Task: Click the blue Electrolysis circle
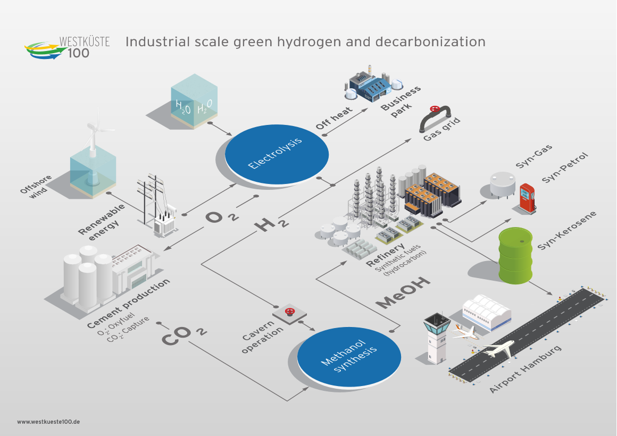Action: [x=277, y=154]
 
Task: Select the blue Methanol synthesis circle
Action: [x=349, y=357]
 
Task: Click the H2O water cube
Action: [x=194, y=101]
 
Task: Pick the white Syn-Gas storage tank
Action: [x=503, y=184]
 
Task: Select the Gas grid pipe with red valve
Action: [x=435, y=118]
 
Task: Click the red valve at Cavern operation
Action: [x=289, y=311]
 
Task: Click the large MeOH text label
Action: [x=403, y=292]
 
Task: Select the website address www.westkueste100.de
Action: [x=48, y=422]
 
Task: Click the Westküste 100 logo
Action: [x=67, y=47]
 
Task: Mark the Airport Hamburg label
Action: [x=525, y=370]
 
